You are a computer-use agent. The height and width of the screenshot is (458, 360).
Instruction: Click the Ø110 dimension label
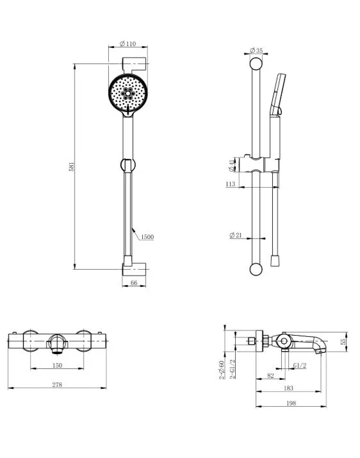click(x=128, y=44)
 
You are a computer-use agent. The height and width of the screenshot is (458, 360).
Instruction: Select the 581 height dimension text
click(x=72, y=167)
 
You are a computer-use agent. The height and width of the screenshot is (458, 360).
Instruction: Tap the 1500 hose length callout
click(x=147, y=237)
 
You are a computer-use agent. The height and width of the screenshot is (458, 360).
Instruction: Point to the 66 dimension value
click(x=134, y=282)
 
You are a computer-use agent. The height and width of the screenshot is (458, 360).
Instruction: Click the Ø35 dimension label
click(x=256, y=51)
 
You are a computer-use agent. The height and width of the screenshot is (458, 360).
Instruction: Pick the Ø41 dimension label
click(x=231, y=165)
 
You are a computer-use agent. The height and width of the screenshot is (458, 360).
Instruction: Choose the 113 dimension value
click(x=230, y=184)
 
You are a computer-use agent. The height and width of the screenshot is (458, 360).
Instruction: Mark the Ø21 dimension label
click(x=236, y=235)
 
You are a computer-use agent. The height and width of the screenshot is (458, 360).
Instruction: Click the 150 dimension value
click(x=57, y=365)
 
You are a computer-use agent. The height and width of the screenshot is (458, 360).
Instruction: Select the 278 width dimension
click(x=57, y=385)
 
